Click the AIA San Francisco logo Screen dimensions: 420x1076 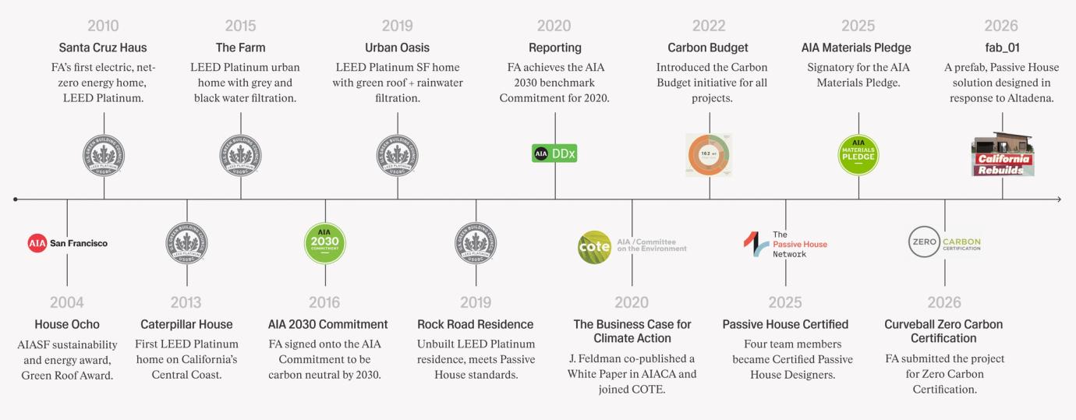pos(67,243)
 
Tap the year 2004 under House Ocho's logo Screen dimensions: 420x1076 pos(67,302)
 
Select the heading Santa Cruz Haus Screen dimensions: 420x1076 pos(103,48)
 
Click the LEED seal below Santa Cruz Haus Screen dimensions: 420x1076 pos(104,155)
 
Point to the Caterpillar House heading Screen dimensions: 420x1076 pos(186,324)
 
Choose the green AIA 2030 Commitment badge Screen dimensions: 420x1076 pos(324,243)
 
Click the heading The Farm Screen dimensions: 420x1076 pos(240,48)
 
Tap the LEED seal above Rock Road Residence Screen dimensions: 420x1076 pos(476,243)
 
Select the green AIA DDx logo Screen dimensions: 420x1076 pos(554,154)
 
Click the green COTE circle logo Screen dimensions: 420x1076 pos(594,248)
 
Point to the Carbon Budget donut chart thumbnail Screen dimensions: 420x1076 pos(709,154)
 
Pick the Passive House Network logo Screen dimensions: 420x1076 pos(785,244)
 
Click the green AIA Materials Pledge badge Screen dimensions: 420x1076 pos(858,154)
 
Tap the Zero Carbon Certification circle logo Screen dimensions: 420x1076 pos(924,242)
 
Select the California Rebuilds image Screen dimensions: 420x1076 pos(1003,155)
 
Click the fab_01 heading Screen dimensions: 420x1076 pos(1002,48)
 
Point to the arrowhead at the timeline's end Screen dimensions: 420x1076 pos(1058,199)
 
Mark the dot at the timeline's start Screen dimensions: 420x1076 pos(16,199)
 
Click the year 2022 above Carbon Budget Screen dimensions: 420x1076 pos(708,26)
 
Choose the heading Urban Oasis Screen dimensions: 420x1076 pos(397,48)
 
